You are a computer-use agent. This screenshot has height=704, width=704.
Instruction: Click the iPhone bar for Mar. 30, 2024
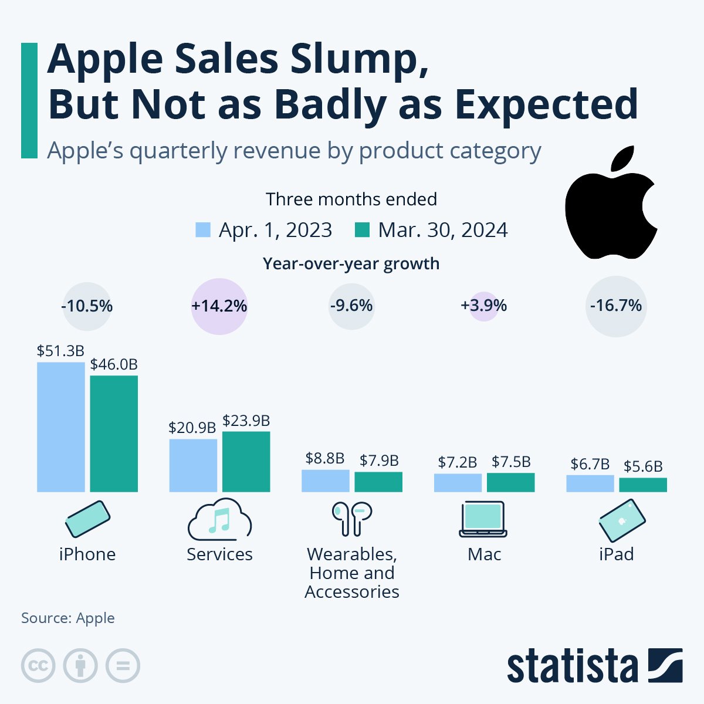click(114, 434)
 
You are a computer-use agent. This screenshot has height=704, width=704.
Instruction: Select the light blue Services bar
click(193, 465)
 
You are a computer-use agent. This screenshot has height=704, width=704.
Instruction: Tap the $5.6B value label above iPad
click(643, 466)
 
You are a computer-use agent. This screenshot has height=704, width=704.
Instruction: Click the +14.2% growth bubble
click(219, 306)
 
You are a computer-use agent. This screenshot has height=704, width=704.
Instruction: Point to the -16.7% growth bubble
click(616, 306)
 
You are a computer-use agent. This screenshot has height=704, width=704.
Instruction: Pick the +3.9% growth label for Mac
click(484, 306)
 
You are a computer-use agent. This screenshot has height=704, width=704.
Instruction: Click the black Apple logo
click(610, 205)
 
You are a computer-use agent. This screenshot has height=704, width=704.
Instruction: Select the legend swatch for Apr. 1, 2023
click(203, 229)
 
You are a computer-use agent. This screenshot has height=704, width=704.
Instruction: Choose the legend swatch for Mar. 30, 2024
click(363, 229)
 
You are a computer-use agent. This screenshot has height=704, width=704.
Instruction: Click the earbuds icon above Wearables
click(352, 519)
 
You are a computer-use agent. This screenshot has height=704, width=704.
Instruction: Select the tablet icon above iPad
click(622, 520)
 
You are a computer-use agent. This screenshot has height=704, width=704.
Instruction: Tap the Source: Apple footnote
click(68, 618)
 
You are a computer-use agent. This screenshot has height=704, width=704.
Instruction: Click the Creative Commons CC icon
click(38, 666)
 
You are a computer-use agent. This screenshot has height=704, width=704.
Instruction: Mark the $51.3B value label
click(60, 351)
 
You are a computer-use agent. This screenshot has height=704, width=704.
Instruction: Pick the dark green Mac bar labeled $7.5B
click(510, 482)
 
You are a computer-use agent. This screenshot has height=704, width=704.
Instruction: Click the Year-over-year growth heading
click(351, 264)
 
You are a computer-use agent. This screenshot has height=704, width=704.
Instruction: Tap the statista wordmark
click(572, 667)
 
